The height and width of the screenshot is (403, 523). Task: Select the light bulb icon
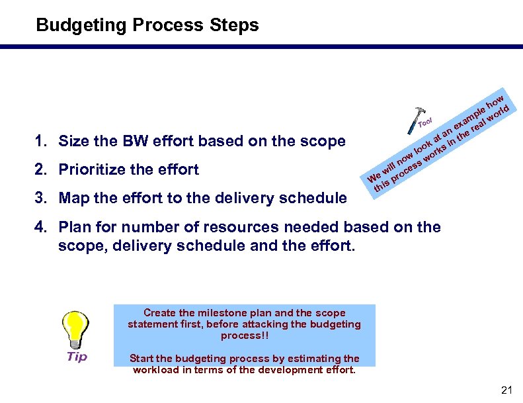pyautogui.click(x=76, y=329)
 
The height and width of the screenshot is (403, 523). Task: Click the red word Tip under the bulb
pyautogui.click(x=77, y=357)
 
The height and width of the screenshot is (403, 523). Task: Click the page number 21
pyautogui.click(x=507, y=390)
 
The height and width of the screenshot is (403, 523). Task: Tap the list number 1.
pyautogui.click(x=41, y=141)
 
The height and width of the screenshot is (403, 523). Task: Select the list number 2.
pyautogui.click(x=41, y=170)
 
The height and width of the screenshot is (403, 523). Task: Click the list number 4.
pyautogui.click(x=41, y=228)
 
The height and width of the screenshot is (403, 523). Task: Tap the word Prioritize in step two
pyautogui.click(x=94, y=170)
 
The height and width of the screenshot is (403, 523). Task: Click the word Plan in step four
pyautogui.click(x=74, y=228)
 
